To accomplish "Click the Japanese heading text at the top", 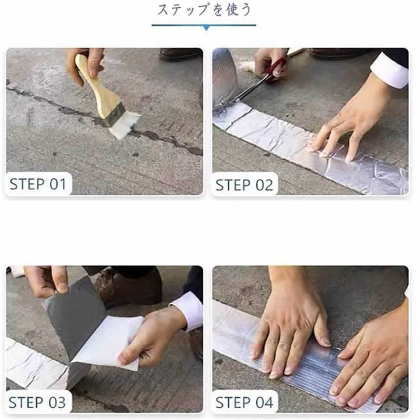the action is [204, 10].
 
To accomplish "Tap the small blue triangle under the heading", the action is [206, 27].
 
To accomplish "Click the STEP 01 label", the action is [38, 184].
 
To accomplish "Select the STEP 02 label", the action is [244, 185].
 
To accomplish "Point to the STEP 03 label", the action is [37, 402].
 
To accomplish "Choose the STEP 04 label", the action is [244, 402].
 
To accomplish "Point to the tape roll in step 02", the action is [224, 81].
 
